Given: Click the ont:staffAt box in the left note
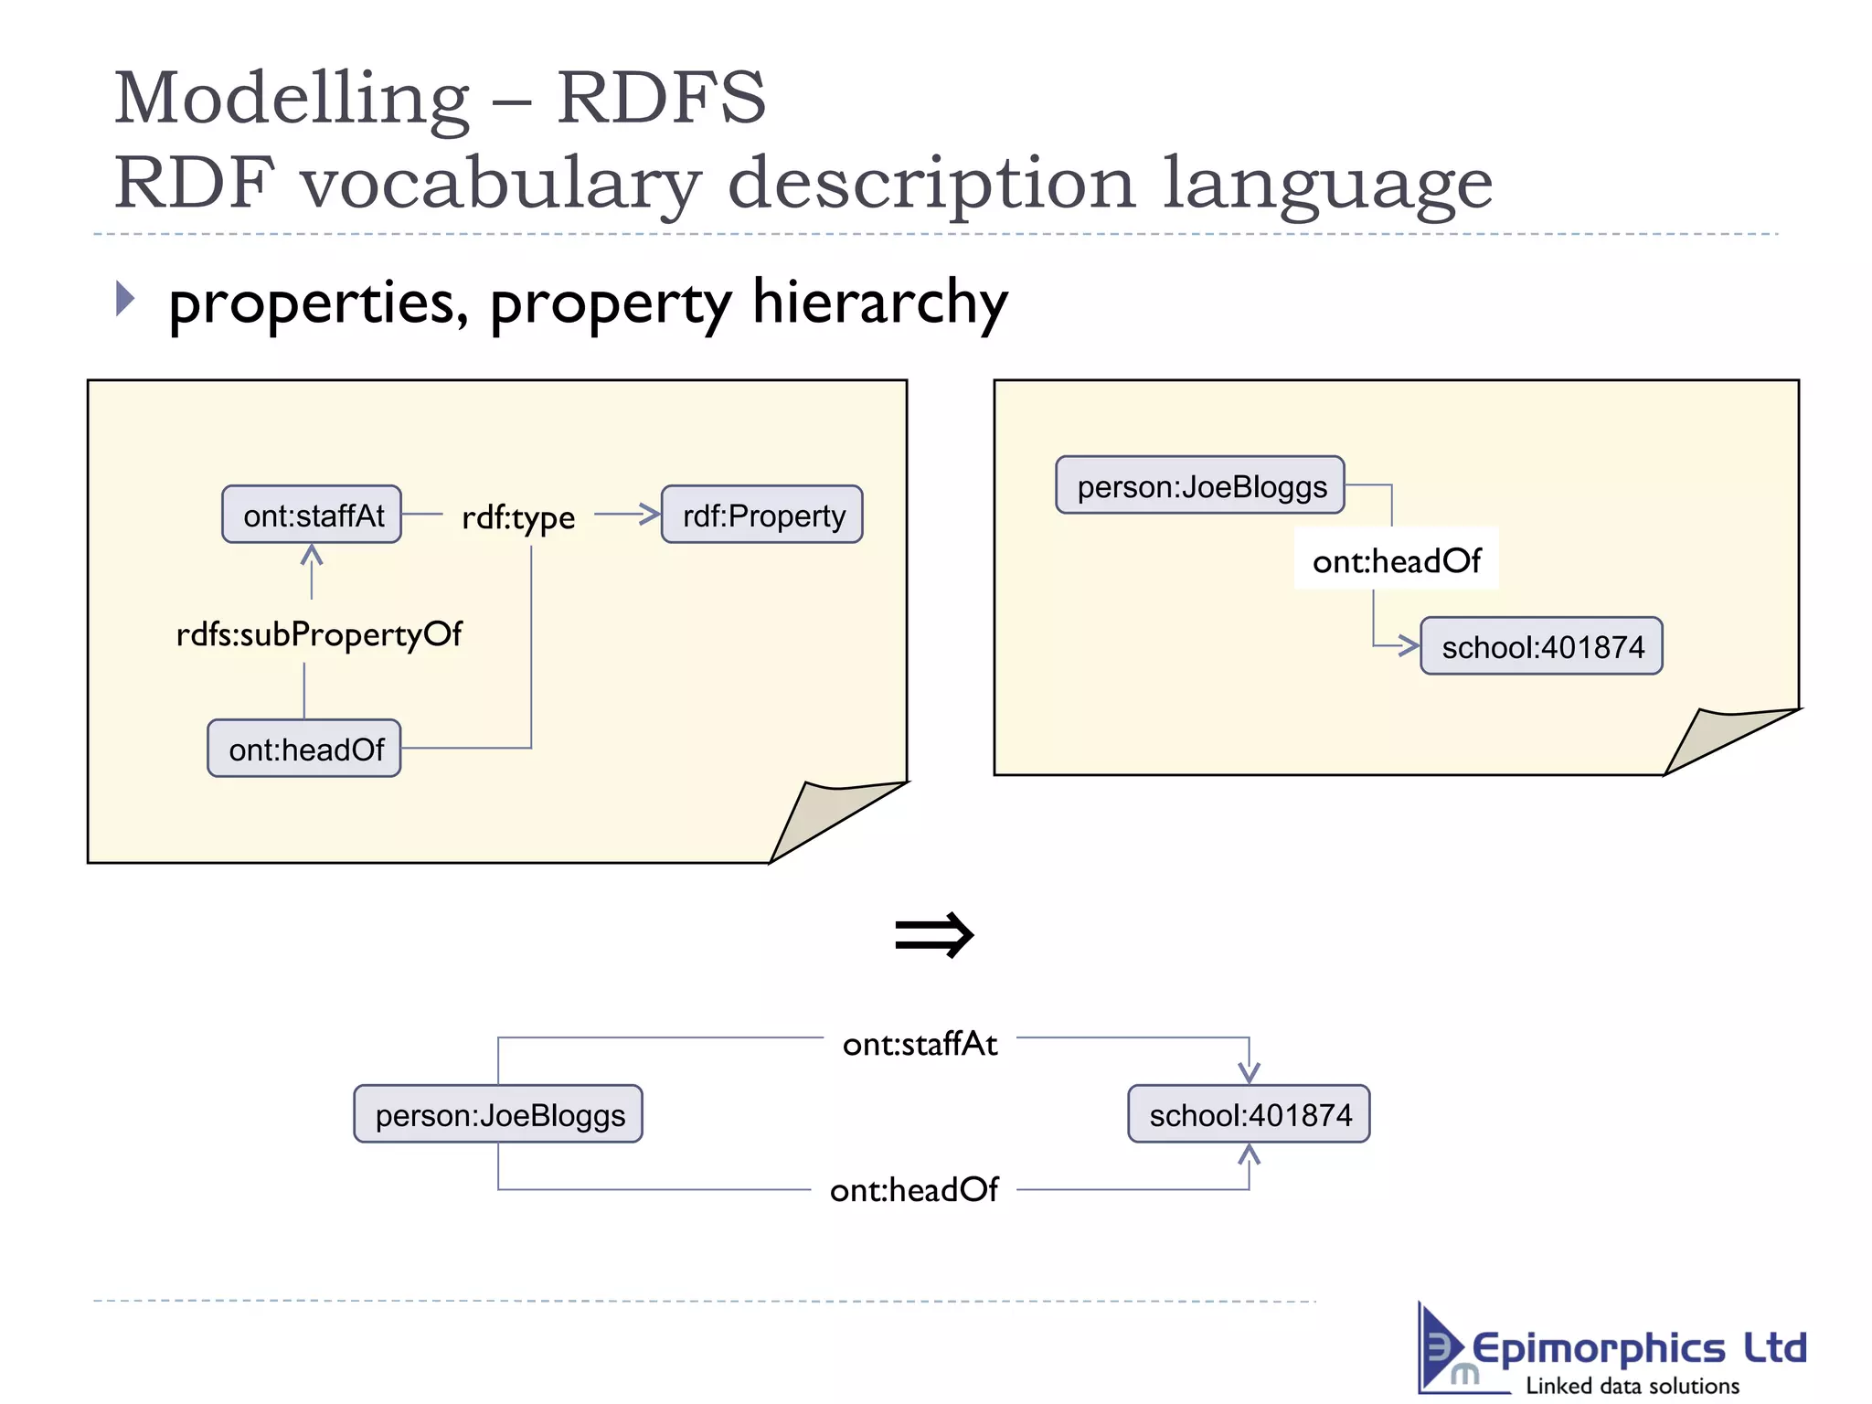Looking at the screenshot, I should [312, 515].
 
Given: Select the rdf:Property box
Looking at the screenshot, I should [762, 515].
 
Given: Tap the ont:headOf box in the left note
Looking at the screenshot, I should [304, 749].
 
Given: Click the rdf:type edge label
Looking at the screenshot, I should [518, 517].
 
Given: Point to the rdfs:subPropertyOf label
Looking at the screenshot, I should [319, 633].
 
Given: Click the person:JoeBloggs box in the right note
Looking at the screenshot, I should [1200, 485].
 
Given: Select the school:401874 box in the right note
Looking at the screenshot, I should [1541, 646].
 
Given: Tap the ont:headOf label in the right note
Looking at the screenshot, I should [1396, 559].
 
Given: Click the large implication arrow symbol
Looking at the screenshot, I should [934, 934].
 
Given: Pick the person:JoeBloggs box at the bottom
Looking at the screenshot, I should [499, 1114].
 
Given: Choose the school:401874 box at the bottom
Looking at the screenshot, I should [1249, 1114].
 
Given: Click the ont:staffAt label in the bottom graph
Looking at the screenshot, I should [920, 1043].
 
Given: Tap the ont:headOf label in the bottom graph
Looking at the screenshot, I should [913, 1189].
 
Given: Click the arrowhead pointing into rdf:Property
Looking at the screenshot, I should [650, 514].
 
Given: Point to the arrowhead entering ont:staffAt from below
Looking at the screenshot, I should [312, 554].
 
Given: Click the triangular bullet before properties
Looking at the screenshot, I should [125, 299].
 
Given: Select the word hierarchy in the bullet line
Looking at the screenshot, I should [879, 302].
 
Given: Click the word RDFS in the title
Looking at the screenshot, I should [661, 98].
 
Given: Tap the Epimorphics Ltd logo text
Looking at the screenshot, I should [1638, 1349].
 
